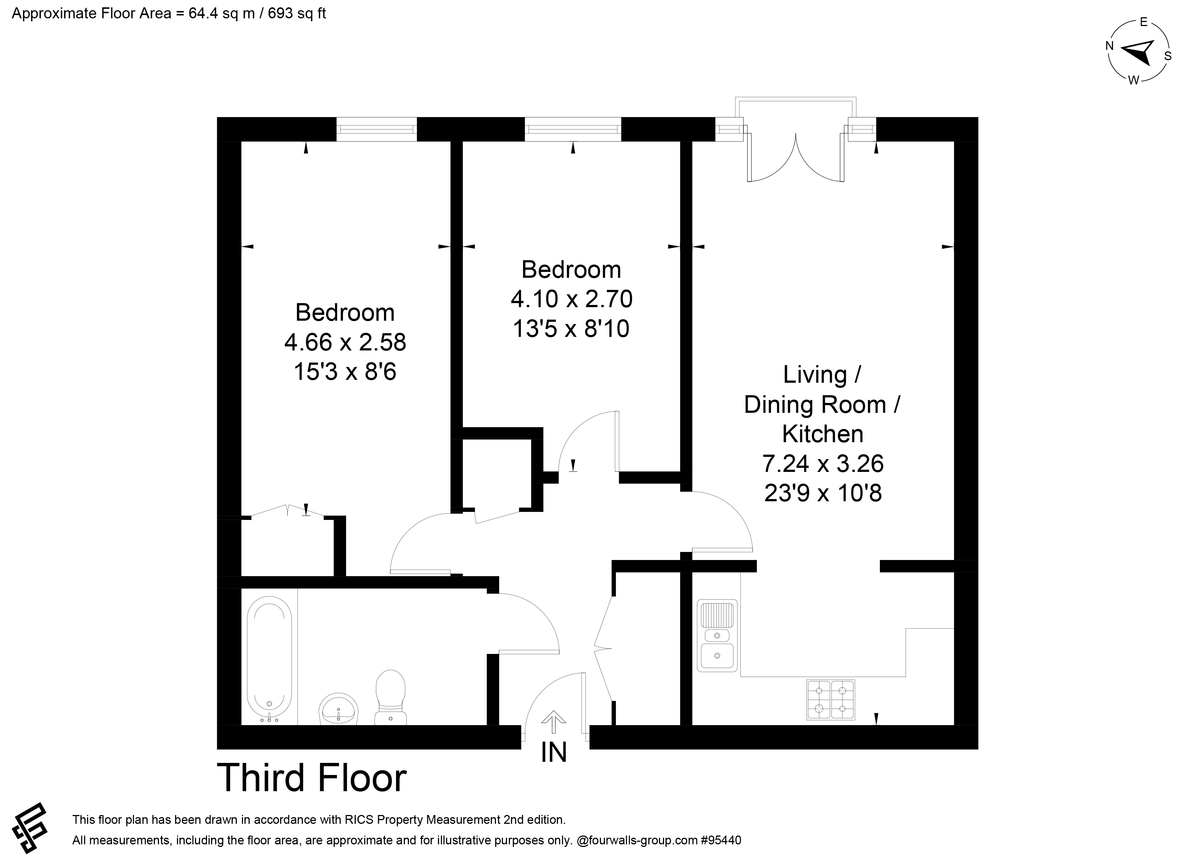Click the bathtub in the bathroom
(269, 659)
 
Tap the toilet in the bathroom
(390, 697)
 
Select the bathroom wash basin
(339, 709)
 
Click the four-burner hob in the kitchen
(831, 700)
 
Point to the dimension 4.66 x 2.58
(345, 342)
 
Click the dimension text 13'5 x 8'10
(571, 329)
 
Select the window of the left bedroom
(377, 130)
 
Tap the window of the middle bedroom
(573, 130)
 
